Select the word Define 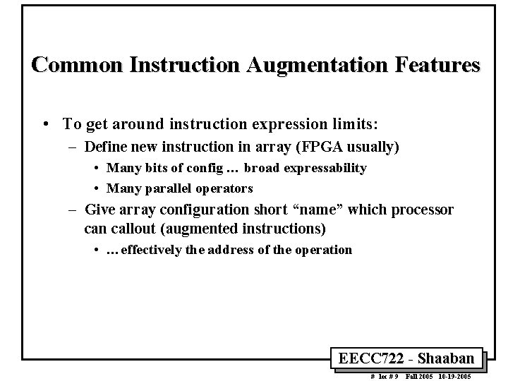click(107, 147)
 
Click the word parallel click(164, 188)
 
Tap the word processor click(421, 210)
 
